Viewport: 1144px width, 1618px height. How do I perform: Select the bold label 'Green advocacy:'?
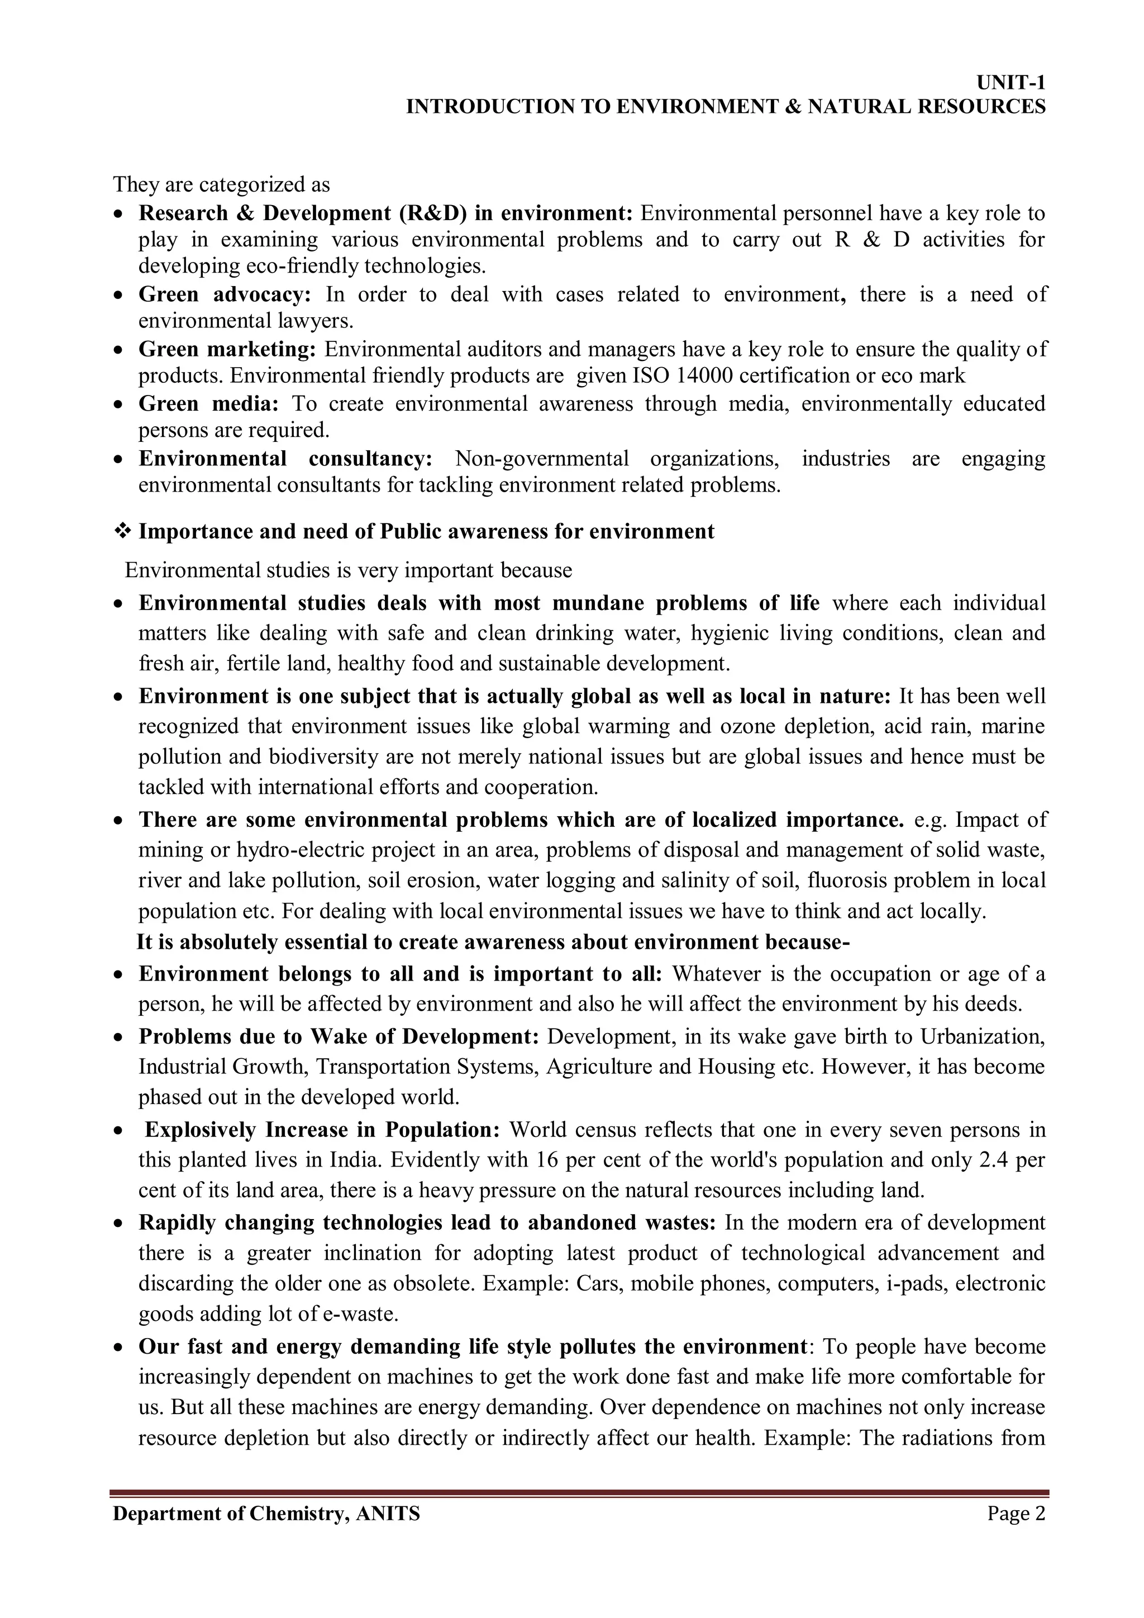click(x=225, y=294)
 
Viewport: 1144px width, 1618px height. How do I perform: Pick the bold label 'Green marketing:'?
click(x=227, y=349)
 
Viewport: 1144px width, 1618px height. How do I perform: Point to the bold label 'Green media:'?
click(x=208, y=404)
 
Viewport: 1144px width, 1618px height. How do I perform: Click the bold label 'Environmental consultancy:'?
click(x=285, y=459)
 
